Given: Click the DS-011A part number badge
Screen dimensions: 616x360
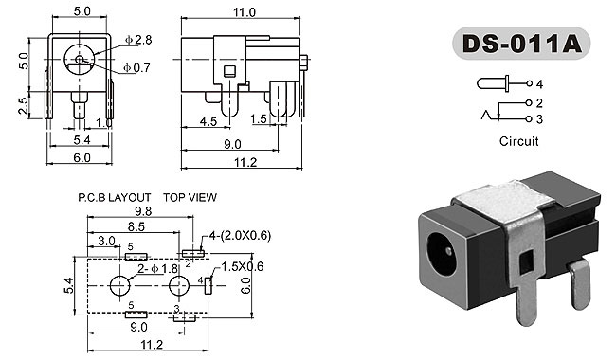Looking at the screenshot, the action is (521, 44).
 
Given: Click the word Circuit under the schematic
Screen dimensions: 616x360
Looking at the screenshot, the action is (518, 141).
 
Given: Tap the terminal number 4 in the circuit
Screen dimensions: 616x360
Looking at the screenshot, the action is (539, 84).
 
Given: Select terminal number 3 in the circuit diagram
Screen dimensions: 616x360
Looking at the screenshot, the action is (539, 119).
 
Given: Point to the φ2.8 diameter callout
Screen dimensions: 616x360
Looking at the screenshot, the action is (138, 40).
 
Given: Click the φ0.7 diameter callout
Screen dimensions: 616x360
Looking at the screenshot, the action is (136, 68).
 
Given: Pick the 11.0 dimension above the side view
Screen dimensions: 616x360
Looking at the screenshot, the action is (244, 12).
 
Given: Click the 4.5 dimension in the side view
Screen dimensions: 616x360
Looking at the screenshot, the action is (208, 121).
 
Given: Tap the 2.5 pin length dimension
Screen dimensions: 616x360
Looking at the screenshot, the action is (24, 105).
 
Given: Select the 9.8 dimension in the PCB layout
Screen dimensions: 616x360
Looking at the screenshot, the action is (143, 211).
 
